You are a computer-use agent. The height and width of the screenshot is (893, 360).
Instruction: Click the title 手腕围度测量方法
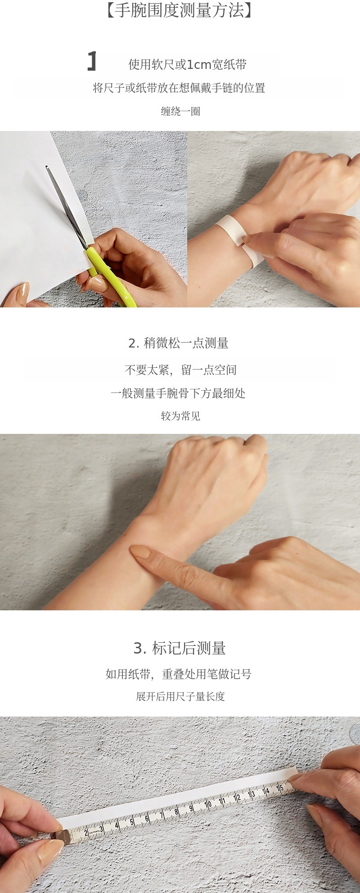click(x=180, y=10)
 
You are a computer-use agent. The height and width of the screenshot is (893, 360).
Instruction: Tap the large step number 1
click(x=92, y=61)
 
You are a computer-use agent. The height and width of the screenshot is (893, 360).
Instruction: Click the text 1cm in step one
click(x=198, y=65)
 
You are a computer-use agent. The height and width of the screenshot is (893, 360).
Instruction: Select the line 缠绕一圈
click(x=180, y=111)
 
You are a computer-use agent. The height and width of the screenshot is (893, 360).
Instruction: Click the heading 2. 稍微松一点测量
click(x=178, y=343)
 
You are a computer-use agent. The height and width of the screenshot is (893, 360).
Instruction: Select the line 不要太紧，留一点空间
click(x=180, y=370)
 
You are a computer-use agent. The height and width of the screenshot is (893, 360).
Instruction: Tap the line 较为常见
click(x=180, y=416)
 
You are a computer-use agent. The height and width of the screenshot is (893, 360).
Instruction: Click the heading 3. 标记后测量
click(x=180, y=648)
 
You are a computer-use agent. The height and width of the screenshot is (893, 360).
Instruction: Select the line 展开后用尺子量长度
click(x=180, y=696)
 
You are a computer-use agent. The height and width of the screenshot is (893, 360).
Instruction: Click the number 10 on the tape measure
click(x=208, y=804)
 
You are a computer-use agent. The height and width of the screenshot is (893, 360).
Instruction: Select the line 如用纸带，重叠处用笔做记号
click(x=179, y=674)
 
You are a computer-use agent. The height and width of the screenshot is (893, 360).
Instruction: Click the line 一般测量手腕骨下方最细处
click(x=178, y=393)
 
